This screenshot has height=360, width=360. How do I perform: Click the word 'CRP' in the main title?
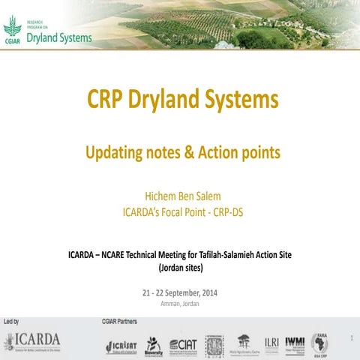[x=106, y=99]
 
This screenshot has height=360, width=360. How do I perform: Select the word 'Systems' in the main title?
[x=239, y=99]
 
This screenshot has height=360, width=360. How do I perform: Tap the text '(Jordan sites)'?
[x=180, y=267]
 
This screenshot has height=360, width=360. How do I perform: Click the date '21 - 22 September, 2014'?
[x=180, y=292]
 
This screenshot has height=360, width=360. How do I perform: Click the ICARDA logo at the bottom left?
[x=31, y=341]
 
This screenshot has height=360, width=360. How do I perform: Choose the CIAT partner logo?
[x=183, y=343]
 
